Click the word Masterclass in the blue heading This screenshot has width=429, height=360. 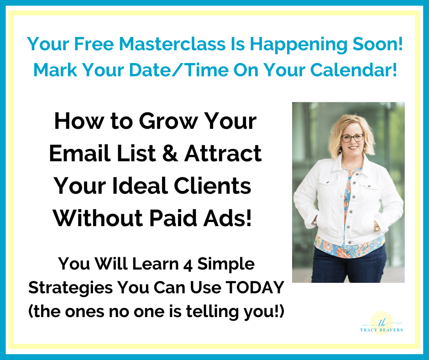(x=172, y=44)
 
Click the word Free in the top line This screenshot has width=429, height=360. (x=94, y=44)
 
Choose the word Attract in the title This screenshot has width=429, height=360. (x=223, y=154)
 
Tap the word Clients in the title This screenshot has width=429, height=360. (x=212, y=186)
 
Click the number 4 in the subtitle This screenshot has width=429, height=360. (x=188, y=264)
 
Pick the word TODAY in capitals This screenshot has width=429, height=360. (x=255, y=288)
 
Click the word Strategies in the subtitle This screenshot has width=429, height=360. (x=71, y=288)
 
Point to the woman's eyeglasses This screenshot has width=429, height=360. (x=352, y=138)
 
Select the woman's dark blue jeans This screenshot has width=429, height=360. (x=349, y=265)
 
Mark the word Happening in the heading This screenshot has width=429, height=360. (x=298, y=44)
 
